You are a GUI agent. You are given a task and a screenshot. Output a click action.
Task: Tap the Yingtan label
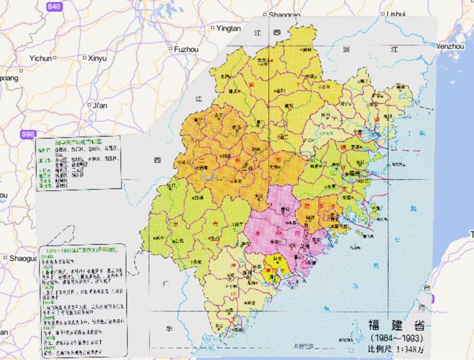(228, 28)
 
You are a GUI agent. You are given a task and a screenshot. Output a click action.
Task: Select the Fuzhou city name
(186, 48)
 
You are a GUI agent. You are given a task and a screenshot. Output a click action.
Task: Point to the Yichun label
(41, 58)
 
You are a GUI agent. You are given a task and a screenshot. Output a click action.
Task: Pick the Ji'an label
(99, 106)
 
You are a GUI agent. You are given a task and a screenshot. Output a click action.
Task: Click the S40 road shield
(54, 6)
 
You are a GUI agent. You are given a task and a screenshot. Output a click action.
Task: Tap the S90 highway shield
(28, 134)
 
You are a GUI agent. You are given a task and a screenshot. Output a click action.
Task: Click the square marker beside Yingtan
(213, 28)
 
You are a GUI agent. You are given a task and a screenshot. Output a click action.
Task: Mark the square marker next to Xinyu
(85, 58)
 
